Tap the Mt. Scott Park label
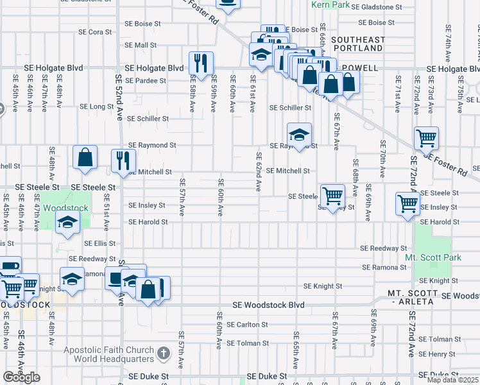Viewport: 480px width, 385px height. tap(433, 257)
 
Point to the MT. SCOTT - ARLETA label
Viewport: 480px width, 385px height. tap(422, 298)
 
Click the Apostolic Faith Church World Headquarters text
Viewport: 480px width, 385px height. tap(109, 354)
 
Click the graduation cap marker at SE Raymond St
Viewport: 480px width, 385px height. tap(298, 135)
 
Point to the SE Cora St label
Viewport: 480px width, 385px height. tap(95, 31)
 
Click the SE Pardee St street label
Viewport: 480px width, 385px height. tap(146, 81)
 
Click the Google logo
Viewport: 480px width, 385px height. tap(21, 377)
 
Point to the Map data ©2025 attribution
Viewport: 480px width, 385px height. tap(453, 380)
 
